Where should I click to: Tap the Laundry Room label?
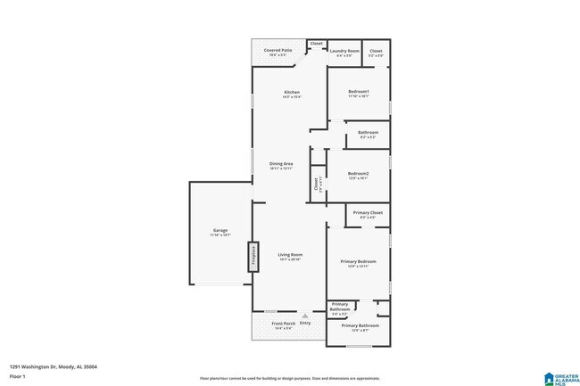(344, 52)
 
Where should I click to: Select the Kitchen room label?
(291, 93)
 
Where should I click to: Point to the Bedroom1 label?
(358, 93)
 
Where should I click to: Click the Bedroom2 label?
(358, 174)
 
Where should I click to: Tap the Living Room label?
(289, 256)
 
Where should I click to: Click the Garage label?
(220, 232)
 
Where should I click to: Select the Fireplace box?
(253, 257)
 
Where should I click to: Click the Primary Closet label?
(368, 214)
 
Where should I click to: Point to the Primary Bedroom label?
(358, 262)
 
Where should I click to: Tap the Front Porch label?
(283, 324)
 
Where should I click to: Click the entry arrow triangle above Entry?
(305, 316)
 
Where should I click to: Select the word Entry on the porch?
(305, 323)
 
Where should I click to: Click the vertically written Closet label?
(316, 184)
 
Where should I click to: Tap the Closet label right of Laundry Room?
(376, 52)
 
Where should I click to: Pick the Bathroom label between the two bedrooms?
(368, 134)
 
